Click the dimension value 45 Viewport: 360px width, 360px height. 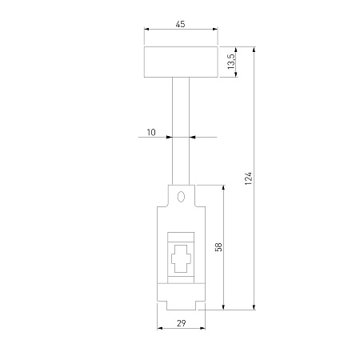[180, 24]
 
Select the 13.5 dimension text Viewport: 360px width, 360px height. [231, 62]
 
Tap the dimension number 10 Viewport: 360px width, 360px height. [151, 132]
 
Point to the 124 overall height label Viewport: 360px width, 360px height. [248, 178]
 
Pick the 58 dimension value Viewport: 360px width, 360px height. [218, 247]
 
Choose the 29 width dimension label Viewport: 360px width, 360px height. [181, 323]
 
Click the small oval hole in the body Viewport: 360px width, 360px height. [181, 197]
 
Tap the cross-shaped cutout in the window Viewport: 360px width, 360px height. [181, 258]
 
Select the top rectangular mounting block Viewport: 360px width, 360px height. [181, 62]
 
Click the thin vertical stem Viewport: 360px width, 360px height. [181, 131]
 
